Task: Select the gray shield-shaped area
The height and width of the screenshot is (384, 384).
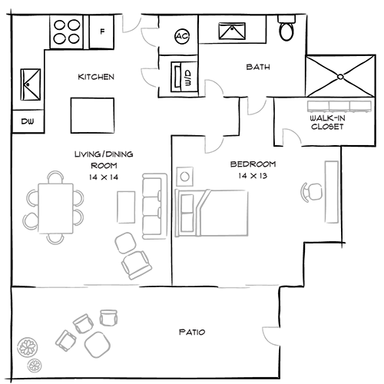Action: [256, 114]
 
